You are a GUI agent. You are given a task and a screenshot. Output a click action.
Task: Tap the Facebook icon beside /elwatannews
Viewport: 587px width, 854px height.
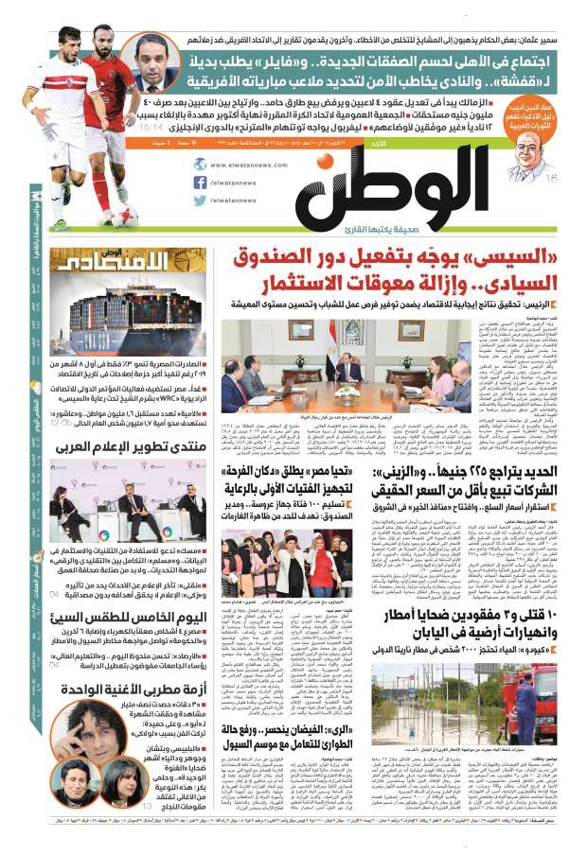(x=200, y=182)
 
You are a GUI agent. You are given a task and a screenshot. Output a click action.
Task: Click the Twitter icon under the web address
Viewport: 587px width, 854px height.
(x=200, y=200)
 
